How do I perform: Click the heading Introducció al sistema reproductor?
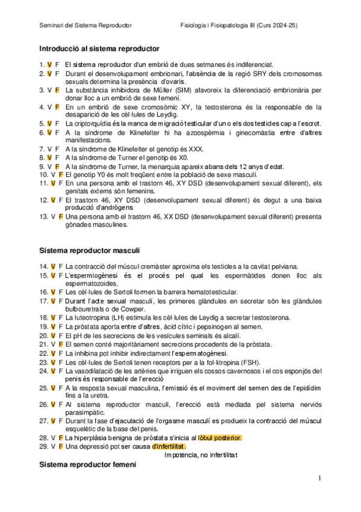[x=99, y=48]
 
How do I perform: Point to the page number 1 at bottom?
[x=321, y=478]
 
